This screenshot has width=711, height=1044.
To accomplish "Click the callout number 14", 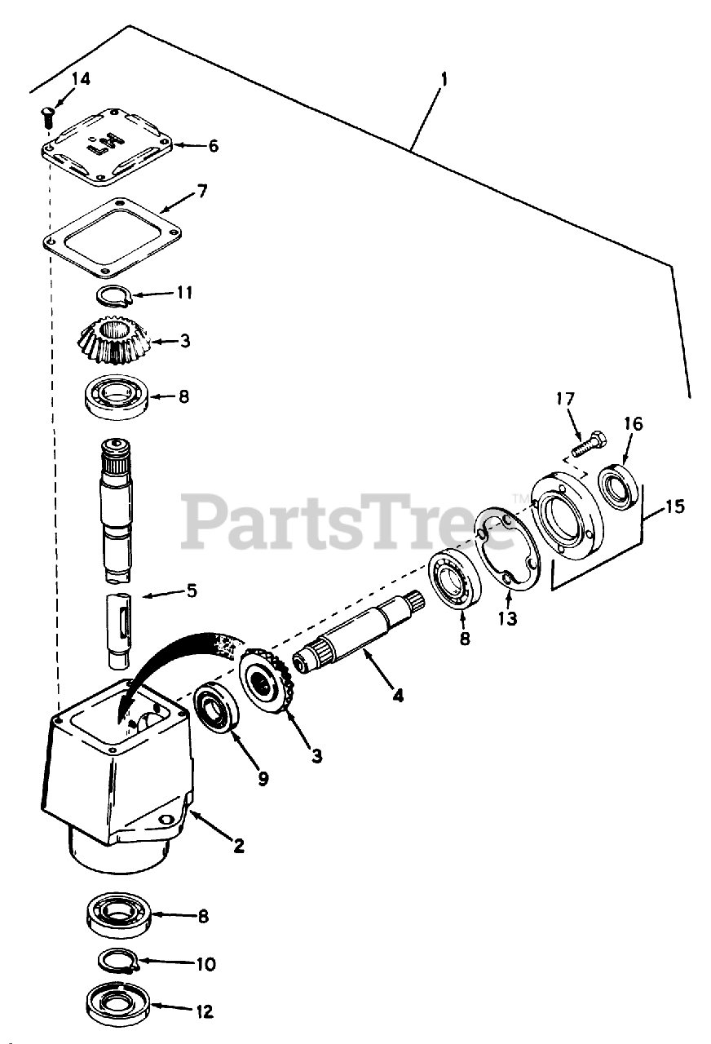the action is tap(81, 79).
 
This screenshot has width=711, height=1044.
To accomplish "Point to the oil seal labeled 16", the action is tap(618, 489).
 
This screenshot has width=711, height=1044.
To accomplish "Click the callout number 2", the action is tap(238, 846).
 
